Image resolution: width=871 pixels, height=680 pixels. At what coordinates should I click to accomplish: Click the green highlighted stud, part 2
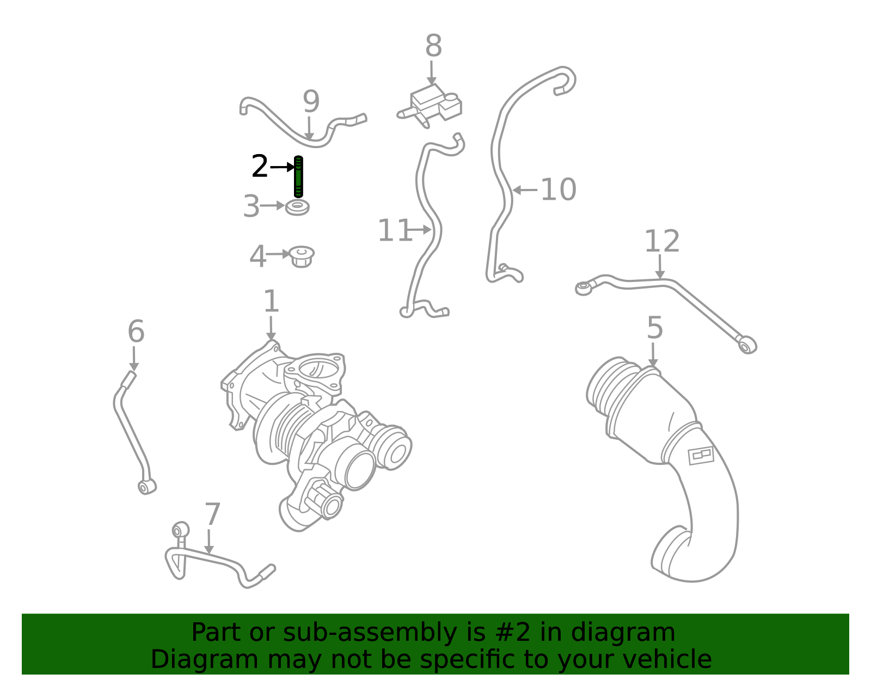(298, 177)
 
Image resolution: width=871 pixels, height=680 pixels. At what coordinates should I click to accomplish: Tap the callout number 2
(259, 166)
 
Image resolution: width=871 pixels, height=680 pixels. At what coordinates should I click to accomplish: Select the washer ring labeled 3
(297, 207)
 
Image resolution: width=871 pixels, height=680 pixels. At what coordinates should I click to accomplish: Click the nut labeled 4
(302, 256)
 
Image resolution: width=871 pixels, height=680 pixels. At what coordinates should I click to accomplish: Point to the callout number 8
(433, 45)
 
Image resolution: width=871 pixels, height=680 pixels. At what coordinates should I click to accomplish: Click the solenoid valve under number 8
(431, 106)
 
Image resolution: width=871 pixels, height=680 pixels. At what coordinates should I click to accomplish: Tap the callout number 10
(559, 189)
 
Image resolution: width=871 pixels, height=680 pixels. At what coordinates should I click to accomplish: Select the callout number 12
(662, 241)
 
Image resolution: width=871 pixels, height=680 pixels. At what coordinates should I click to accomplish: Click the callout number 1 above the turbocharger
(271, 301)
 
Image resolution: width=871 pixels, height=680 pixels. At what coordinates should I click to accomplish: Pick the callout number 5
(655, 327)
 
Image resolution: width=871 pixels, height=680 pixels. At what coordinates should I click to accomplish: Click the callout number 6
(136, 332)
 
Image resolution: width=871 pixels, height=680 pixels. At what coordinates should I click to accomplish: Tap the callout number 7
(212, 514)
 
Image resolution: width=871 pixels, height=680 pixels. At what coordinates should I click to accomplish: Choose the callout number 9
(311, 101)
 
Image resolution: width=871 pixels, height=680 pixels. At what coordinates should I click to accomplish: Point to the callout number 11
(395, 230)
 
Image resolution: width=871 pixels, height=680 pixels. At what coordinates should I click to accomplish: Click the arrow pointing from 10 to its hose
(525, 190)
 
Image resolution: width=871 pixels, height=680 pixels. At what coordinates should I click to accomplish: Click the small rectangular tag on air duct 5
(701, 456)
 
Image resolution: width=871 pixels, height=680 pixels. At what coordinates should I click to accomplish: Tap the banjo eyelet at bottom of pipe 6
(146, 487)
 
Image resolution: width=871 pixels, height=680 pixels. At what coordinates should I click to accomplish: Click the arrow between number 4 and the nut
(278, 254)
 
